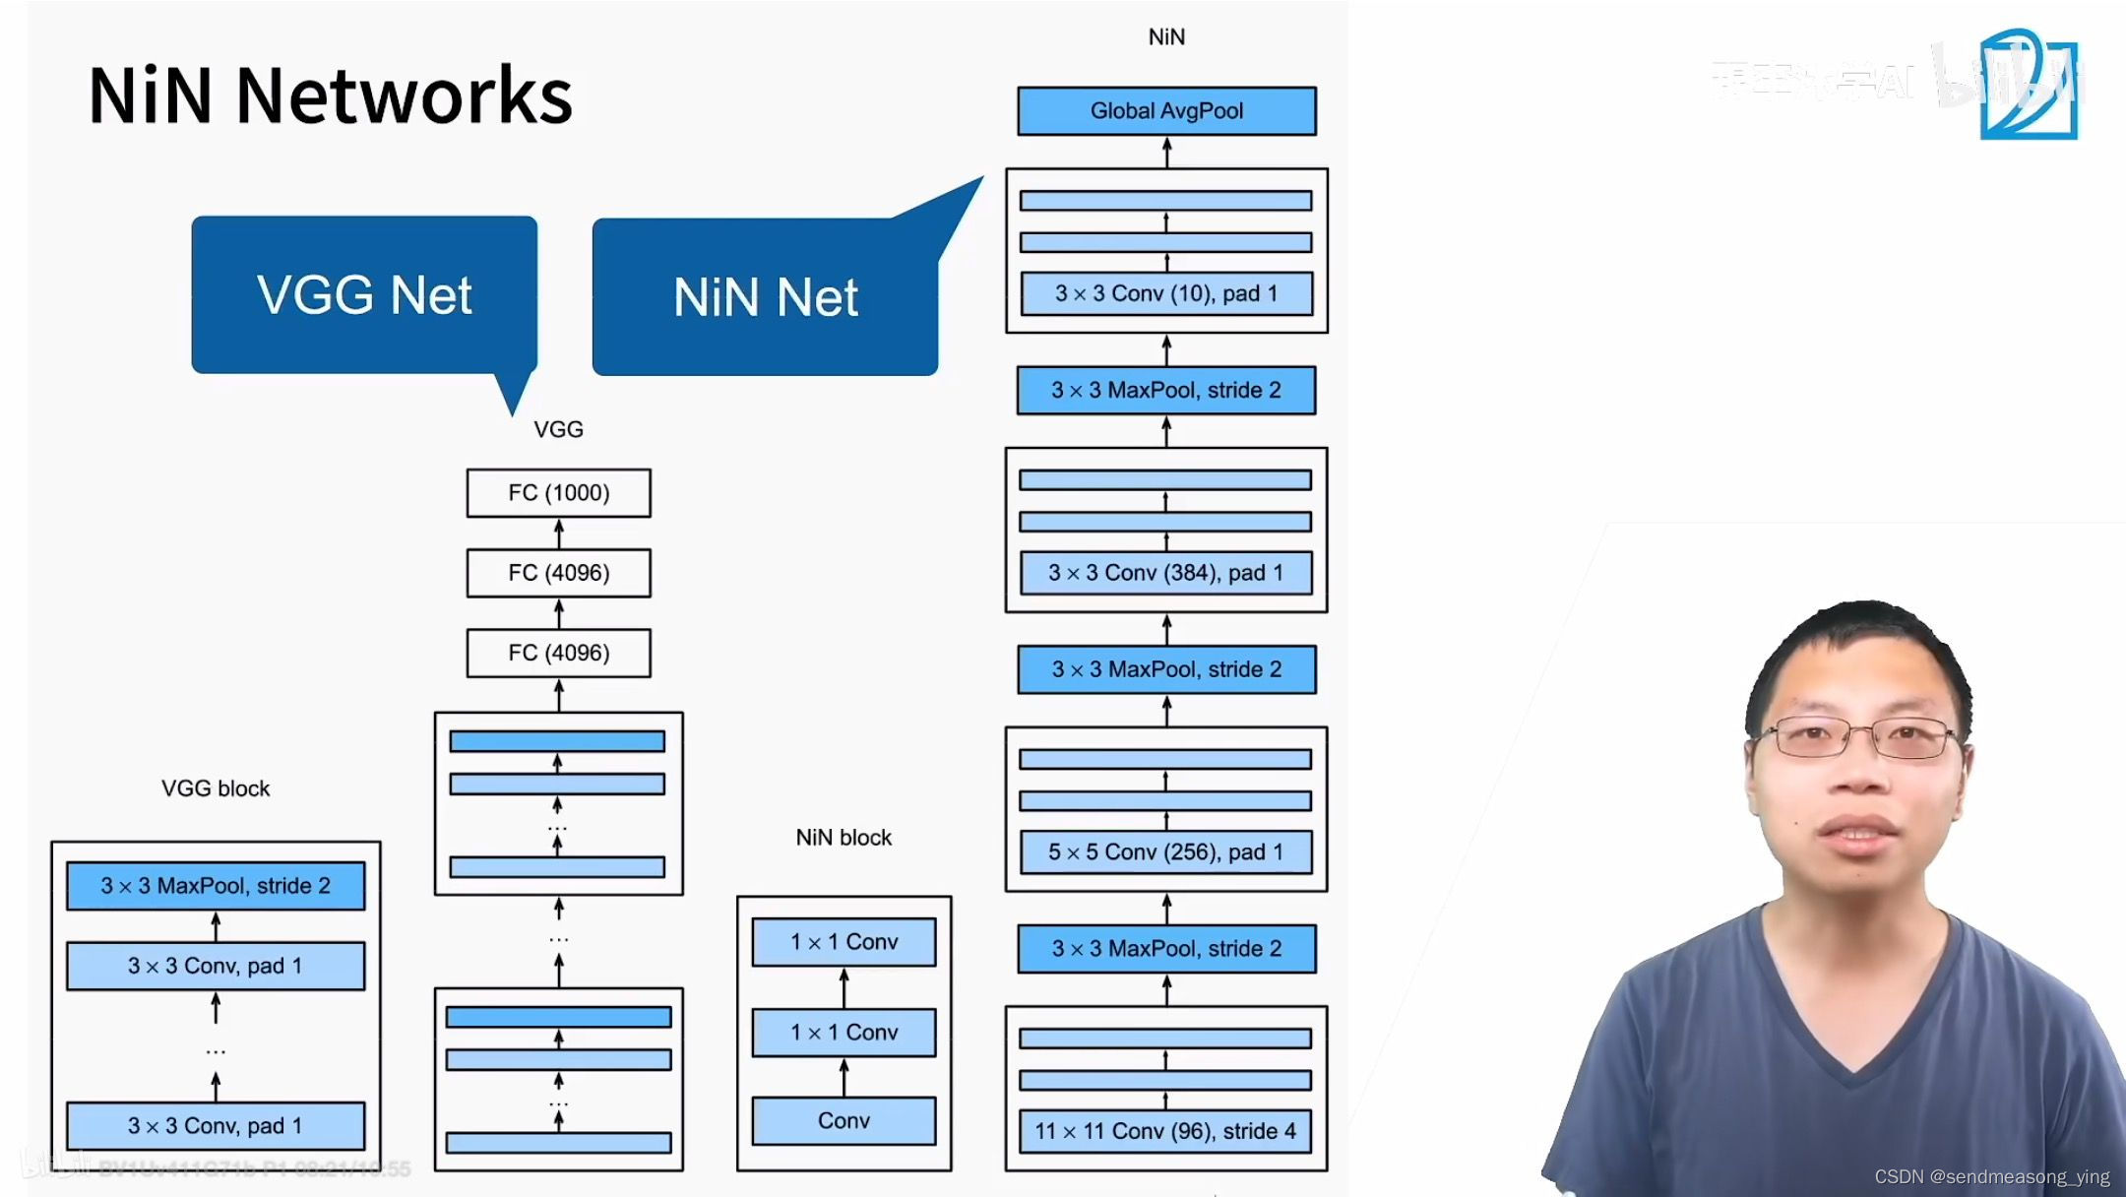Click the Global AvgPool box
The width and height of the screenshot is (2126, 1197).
click(1166, 111)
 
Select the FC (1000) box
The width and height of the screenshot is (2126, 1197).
click(558, 493)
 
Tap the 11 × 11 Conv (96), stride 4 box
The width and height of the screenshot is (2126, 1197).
click(1165, 1131)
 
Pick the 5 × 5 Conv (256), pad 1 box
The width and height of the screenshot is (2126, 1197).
click(1165, 852)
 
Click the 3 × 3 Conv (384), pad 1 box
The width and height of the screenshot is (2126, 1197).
click(1165, 573)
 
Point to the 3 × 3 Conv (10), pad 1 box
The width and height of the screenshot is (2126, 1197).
click(1165, 293)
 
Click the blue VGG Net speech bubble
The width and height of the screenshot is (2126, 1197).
click(364, 295)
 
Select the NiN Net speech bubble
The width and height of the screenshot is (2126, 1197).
click(765, 297)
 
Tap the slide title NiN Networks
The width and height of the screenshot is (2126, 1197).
click(330, 95)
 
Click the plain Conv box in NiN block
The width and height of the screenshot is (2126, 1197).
click(844, 1121)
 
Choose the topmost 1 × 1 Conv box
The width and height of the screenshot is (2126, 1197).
click(844, 942)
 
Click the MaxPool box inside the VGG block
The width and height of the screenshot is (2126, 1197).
click(216, 886)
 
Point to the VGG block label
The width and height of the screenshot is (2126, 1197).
click(216, 788)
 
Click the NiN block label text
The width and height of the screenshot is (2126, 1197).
click(844, 838)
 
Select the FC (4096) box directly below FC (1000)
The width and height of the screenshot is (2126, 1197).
click(558, 573)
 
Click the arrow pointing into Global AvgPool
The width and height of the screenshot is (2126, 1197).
click(1166, 152)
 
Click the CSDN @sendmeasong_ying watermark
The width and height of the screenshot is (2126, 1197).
click(1991, 1176)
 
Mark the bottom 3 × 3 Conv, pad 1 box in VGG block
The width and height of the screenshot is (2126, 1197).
click(216, 1126)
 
